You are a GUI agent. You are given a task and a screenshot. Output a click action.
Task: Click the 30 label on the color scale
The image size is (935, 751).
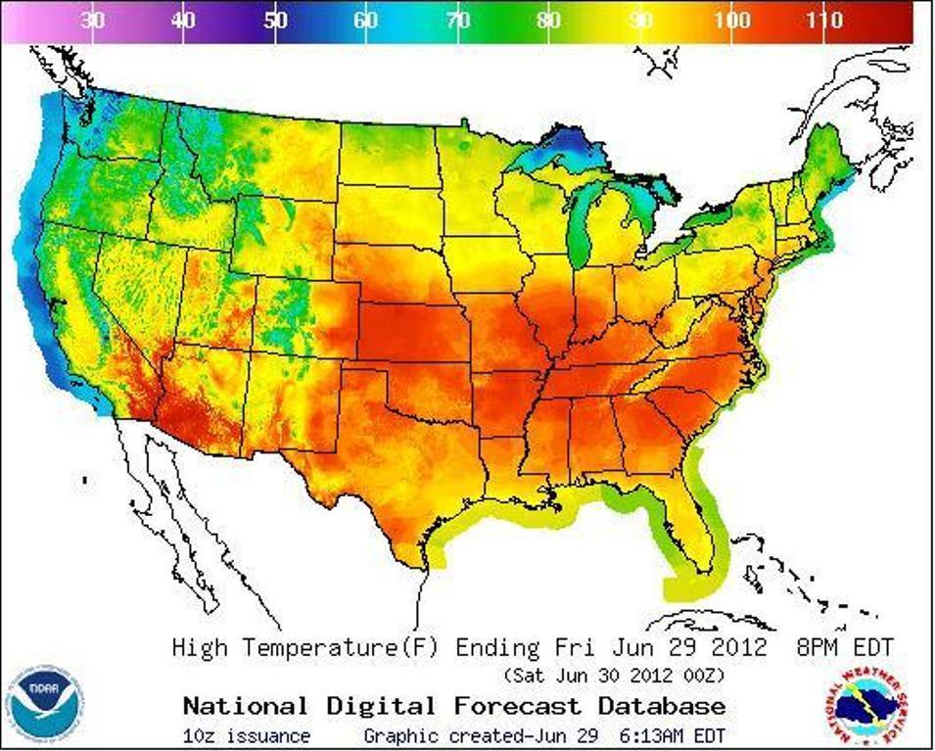[x=93, y=21]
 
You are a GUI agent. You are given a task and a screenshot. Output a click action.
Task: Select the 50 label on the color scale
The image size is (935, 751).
[x=276, y=21]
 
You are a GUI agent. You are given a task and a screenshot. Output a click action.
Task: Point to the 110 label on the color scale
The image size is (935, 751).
[x=824, y=21]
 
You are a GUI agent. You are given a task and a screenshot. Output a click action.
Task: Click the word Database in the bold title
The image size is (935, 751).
[x=662, y=706]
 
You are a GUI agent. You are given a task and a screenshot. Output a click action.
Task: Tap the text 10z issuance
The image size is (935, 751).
[x=246, y=735]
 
